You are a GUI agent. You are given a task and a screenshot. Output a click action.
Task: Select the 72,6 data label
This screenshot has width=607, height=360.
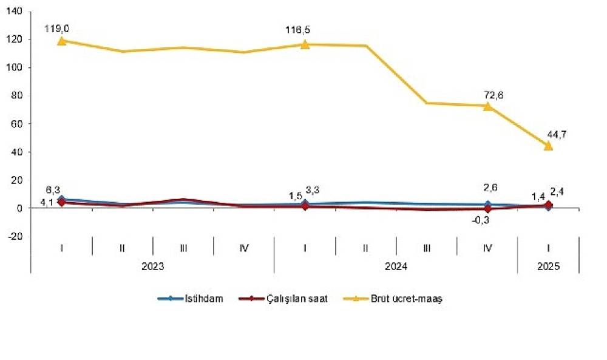point(493,95)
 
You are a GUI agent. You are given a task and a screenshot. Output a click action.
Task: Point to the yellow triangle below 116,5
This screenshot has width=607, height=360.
point(305,44)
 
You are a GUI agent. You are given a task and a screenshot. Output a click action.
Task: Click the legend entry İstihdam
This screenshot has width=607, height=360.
point(191,299)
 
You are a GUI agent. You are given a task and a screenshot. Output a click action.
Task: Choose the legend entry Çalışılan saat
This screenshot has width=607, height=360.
point(283,299)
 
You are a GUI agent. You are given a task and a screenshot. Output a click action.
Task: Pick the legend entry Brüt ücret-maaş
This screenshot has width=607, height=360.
point(393,299)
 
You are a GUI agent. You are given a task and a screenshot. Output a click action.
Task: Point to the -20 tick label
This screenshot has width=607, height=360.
point(15,236)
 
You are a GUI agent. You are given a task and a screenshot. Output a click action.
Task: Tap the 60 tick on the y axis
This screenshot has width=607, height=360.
point(16,124)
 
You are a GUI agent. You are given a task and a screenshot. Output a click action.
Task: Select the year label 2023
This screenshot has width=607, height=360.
point(152,267)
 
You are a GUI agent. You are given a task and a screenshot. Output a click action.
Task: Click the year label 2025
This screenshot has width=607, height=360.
point(549,267)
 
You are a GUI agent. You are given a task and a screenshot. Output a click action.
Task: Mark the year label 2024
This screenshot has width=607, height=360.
point(396,267)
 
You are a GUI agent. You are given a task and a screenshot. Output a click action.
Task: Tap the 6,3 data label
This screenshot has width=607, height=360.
point(53,189)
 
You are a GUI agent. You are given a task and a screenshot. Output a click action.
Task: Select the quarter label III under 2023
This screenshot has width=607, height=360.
point(183,248)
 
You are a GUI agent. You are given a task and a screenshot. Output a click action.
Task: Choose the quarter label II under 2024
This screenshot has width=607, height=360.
point(366,248)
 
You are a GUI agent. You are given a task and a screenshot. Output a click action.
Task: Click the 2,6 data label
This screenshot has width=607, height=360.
point(490,188)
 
